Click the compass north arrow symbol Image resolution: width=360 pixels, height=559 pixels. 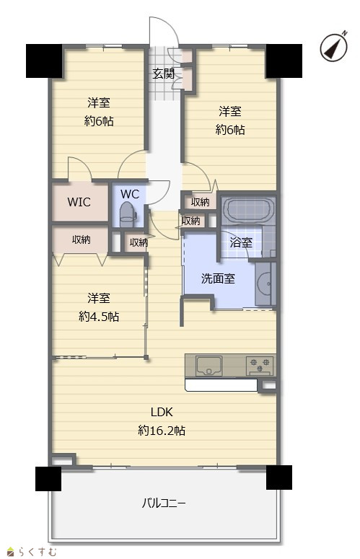coord(333,47)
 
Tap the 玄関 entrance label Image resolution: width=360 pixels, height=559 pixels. coord(163,74)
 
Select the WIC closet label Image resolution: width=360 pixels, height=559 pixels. coord(79,202)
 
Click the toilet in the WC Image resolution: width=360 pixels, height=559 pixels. coord(126,214)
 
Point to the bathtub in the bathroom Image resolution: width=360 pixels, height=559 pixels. coord(248,210)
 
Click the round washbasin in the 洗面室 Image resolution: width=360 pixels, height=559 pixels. coord(264,283)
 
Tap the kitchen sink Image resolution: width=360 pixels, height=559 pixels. coord(208,365)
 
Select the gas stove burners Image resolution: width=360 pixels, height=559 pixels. coord(260,365)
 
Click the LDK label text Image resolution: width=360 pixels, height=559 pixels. coord(162,412)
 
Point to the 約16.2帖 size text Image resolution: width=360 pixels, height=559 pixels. coord(162,431)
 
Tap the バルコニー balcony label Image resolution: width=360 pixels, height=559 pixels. coord(164,503)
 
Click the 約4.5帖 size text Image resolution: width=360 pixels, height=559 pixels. coord(99,316)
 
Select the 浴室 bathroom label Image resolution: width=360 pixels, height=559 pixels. coord(241,242)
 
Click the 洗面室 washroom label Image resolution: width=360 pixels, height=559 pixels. coord(218,278)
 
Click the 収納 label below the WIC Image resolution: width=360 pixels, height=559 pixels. coord(82,239)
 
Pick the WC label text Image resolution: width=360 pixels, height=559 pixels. coord(130,194)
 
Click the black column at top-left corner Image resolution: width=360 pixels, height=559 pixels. coord(44,61)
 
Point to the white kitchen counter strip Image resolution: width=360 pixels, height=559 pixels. coord(221,385)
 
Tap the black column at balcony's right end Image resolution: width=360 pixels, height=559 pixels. coord(279,477)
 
